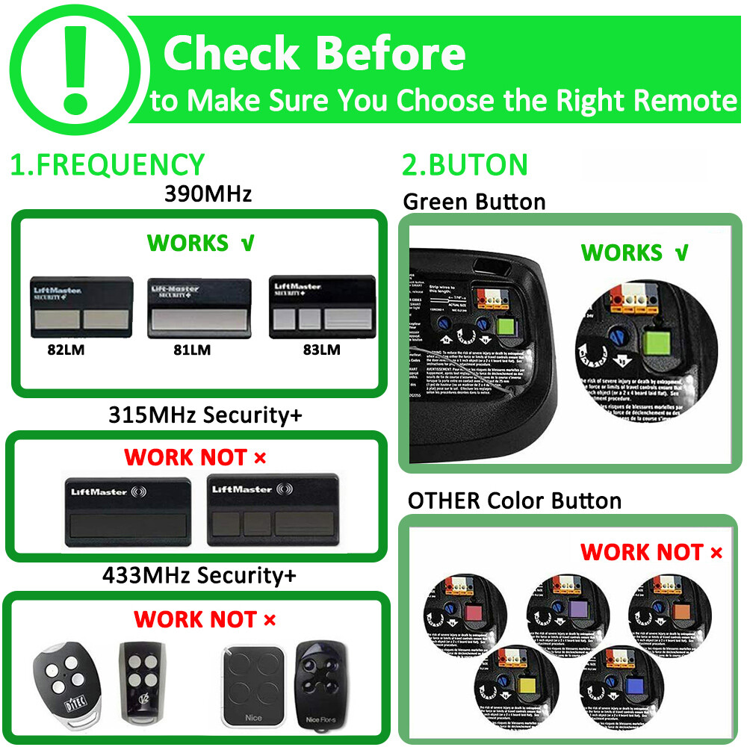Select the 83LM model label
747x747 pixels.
tap(319, 350)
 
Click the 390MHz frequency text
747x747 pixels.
tap(208, 194)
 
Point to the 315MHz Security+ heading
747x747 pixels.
tap(205, 415)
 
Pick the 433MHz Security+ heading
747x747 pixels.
tap(199, 575)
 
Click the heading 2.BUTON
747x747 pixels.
tap(465, 164)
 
